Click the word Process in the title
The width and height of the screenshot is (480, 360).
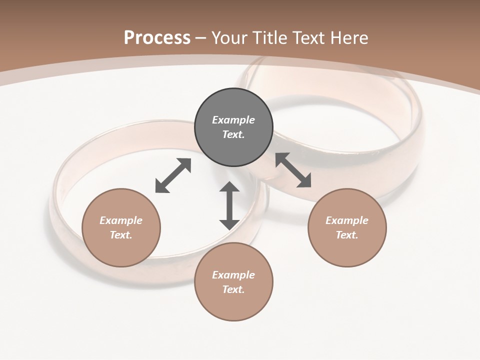click(157, 38)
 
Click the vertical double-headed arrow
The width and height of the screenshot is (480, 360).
click(229, 206)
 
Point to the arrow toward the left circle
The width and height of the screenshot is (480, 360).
click(173, 175)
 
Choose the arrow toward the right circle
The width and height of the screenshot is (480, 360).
click(293, 170)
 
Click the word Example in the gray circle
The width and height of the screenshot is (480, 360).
click(233, 120)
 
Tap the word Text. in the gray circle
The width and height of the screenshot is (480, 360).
click(233, 134)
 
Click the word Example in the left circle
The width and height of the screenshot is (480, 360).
click(121, 220)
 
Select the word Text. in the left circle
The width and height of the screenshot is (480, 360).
click(121, 235)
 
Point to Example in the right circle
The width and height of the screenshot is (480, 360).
click(347, 220)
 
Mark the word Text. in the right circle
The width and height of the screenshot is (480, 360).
click(347, 235)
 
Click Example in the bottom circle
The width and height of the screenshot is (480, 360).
click(233, 275)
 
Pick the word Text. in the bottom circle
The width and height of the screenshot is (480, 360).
click(233, 289)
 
